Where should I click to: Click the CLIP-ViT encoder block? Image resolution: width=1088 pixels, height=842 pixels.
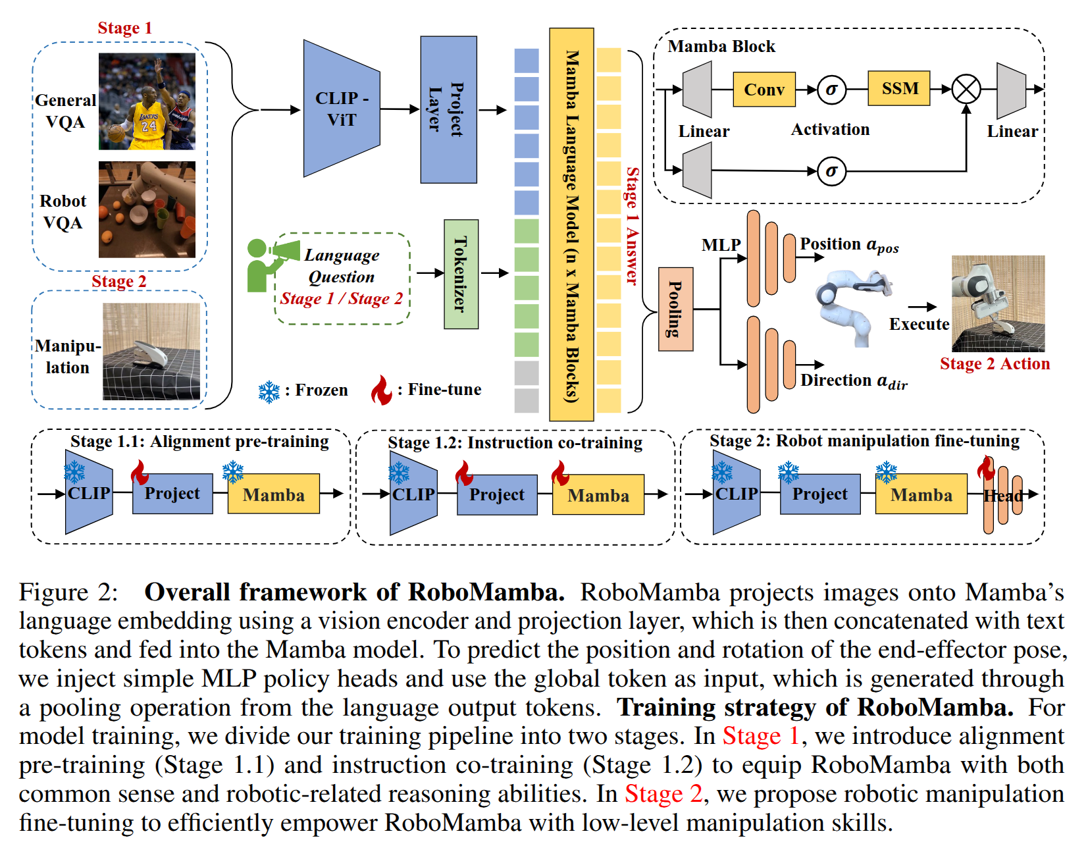point(341,109)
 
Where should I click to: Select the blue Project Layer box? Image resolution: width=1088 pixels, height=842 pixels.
point(448,109)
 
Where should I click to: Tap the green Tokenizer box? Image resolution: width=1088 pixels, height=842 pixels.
point(461,274)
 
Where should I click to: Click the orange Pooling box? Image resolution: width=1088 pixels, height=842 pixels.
point(675,309)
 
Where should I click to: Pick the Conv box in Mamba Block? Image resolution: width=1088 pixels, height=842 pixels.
point(764,90)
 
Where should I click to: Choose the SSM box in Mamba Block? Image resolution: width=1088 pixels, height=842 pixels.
point(899,88)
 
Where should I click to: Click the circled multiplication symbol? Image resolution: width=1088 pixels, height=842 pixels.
point(966,89)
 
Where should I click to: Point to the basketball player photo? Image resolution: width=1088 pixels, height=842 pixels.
point(147,101)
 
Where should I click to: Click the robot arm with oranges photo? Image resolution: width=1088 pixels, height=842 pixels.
point(147,209)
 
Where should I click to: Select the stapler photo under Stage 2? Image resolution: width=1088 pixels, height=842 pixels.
point(151,352)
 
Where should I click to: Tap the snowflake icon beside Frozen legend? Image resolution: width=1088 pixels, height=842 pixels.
point(269,392)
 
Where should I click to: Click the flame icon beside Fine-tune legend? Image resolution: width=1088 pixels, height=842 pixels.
point(381,390)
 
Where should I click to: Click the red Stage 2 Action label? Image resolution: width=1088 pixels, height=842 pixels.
point(995,364)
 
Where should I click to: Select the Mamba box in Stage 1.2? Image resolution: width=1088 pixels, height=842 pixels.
point(598,495)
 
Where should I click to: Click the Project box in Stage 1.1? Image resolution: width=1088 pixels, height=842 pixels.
point(172,494)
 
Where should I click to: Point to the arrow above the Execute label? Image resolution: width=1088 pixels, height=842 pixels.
point(922,307)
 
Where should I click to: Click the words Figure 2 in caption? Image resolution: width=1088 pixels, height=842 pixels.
point(68,592)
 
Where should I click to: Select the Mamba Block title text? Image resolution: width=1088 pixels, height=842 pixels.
point(721,47)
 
